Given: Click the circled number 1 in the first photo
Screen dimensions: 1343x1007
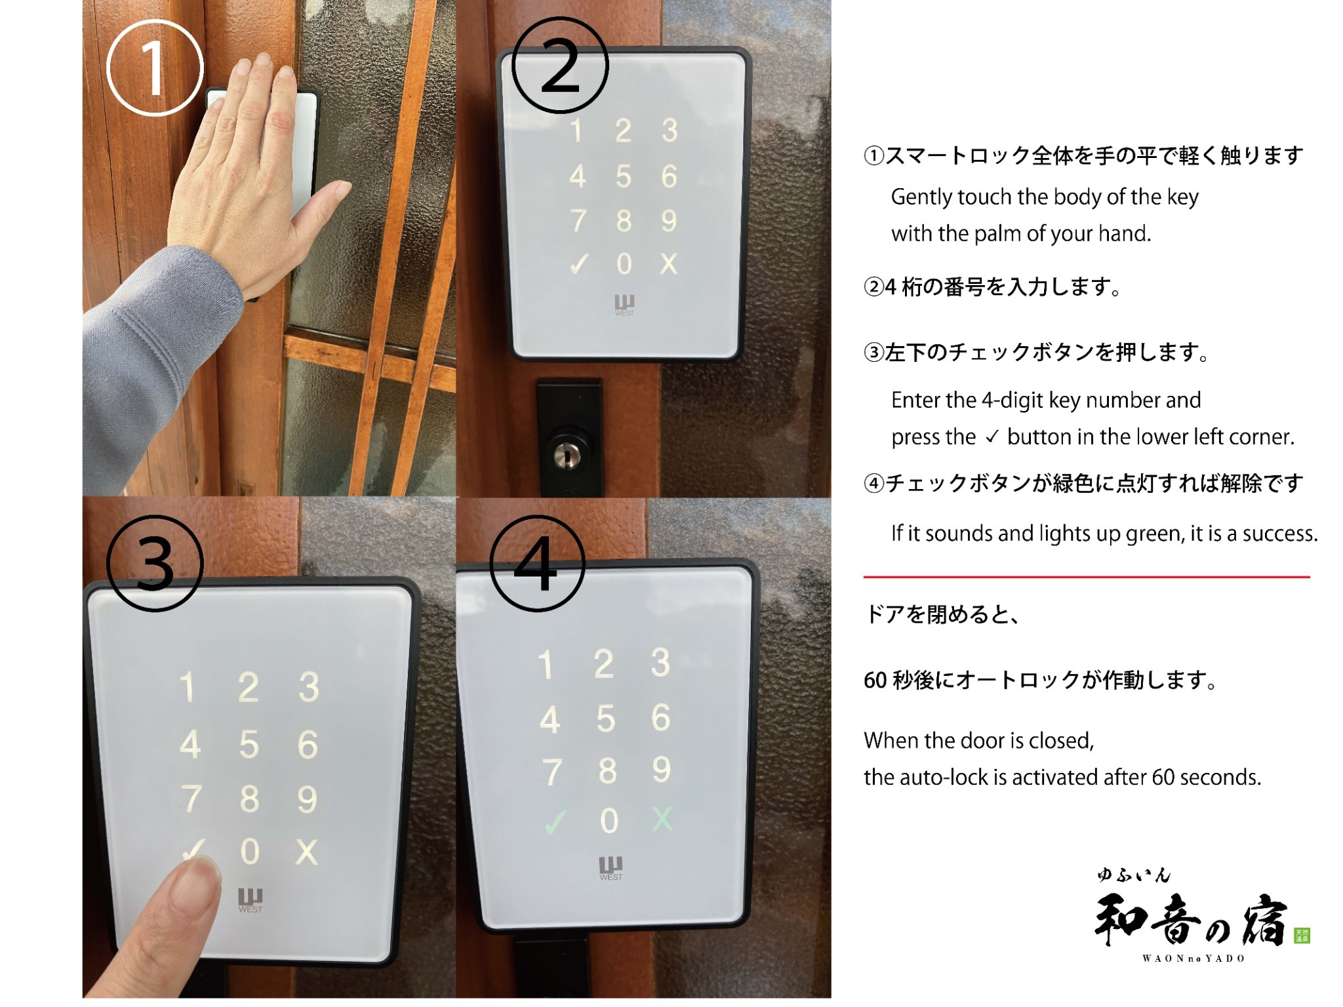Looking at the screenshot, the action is click(x=155, y=68).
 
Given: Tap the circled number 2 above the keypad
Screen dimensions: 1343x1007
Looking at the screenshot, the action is click(x=560, y=65).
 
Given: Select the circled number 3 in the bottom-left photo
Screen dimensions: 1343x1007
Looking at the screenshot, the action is click(x=155, y=563).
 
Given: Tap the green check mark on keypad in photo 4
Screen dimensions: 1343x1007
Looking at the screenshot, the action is click(x=555, y=822).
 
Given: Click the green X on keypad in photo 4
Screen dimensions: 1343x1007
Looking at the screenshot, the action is click(x=662, y=819).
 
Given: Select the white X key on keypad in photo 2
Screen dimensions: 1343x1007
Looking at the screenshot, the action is click(x=668, y=264).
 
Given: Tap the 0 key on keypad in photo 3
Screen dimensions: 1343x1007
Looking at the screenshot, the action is click(x=250, y=852).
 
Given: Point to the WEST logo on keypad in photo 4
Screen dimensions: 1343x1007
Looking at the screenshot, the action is click(x=611, y=868).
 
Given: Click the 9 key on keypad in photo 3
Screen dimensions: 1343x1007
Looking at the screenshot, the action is click(x=307, y=799).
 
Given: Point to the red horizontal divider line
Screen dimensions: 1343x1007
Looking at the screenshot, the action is click(x=1087, y=577).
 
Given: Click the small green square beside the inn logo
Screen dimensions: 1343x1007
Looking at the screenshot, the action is click(x=1302, y=936).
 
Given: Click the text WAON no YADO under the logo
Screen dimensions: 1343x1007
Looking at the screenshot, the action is click(x=1193, y=958).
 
